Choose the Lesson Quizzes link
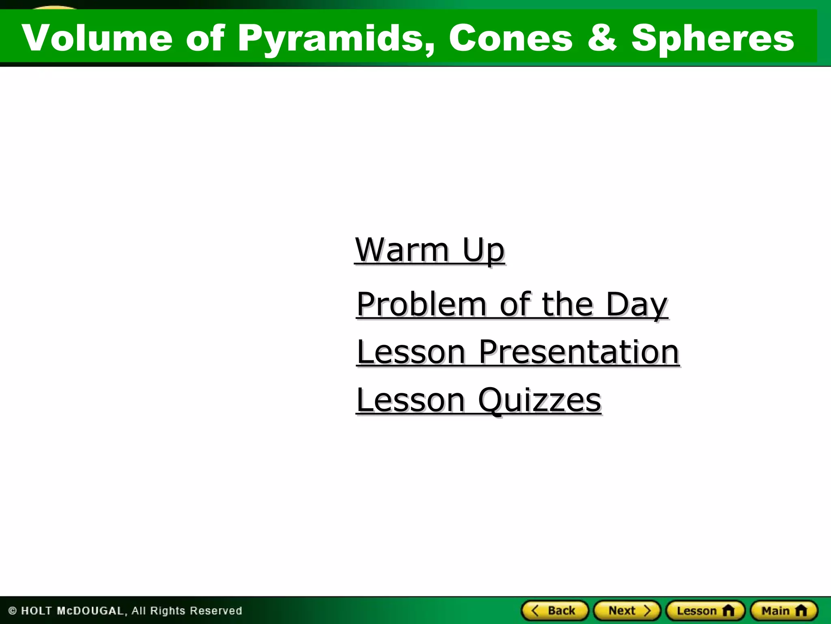point(479,400)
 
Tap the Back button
point(555,611)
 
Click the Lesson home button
point(705,611)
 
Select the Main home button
point(784,611)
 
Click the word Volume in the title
point(97,38)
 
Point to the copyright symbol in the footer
point(13,611)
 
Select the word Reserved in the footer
point(216,611)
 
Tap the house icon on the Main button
point(801,611)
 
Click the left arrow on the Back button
point(535,610)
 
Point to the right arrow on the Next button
point(647,610)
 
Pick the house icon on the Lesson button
point(728,611)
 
